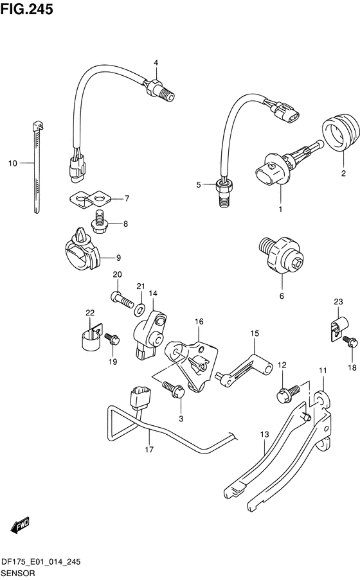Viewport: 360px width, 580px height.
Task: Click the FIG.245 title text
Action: click(26, 9)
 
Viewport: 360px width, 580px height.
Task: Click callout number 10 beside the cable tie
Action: click(13, 163)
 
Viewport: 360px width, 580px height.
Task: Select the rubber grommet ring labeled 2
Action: click(341, 134)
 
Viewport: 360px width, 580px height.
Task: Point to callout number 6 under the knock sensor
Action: click(282, 296)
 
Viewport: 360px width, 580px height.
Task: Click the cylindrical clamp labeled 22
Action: click(91, 337)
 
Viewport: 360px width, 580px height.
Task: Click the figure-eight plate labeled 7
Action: click(90, 199)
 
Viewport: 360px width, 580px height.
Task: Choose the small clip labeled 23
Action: click(338, 326)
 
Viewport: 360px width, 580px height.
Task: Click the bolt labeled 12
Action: click(289, 394)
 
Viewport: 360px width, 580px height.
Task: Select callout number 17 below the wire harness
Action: click(149, 450)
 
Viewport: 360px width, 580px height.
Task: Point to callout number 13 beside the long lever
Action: click(264, 434)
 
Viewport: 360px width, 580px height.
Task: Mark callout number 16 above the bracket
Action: click(199, 321)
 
